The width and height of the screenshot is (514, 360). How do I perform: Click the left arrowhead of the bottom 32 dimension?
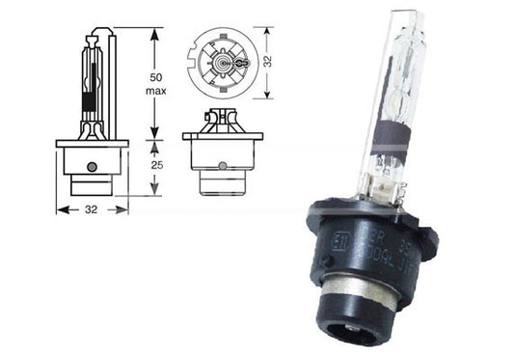61,207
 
